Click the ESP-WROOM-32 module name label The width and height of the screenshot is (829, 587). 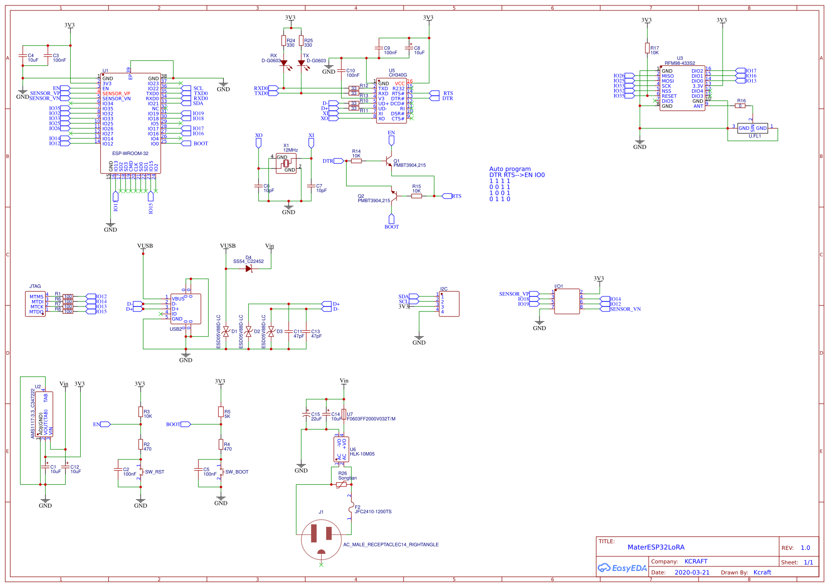click(x=130, y=154)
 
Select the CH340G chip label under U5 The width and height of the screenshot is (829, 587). click(x=397, y=75)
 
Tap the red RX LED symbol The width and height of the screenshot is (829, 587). click(x=284, y=63)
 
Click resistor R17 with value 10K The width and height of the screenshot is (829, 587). click(x=647, y=48)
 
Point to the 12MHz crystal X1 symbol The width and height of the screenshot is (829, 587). click(x=286, y=163)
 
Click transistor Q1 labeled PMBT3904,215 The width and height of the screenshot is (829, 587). click(x=388, y=161)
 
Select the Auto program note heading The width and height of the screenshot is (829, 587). click(x=510, y=169)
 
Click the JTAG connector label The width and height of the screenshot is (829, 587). click(x=35, y=286)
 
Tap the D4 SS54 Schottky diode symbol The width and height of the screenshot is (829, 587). click(x=248, y=268)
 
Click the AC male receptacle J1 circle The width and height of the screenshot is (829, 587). click(x=321, y=540)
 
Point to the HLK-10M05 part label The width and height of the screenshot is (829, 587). click(x=362, y=454)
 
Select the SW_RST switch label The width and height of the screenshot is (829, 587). click(x=155, y=472)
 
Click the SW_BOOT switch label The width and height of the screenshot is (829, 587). click(x=237, y=472)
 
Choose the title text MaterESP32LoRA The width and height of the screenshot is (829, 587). click(x=656, y=547)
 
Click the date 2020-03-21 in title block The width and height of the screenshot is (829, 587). click(x=692, y=572)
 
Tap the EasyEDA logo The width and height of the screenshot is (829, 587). click(x=622, y=568)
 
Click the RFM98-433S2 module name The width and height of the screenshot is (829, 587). click(x=680, y=63)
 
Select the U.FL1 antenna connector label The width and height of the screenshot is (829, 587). click(x=755, y=136)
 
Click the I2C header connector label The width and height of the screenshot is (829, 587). click(x=444, y=289)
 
